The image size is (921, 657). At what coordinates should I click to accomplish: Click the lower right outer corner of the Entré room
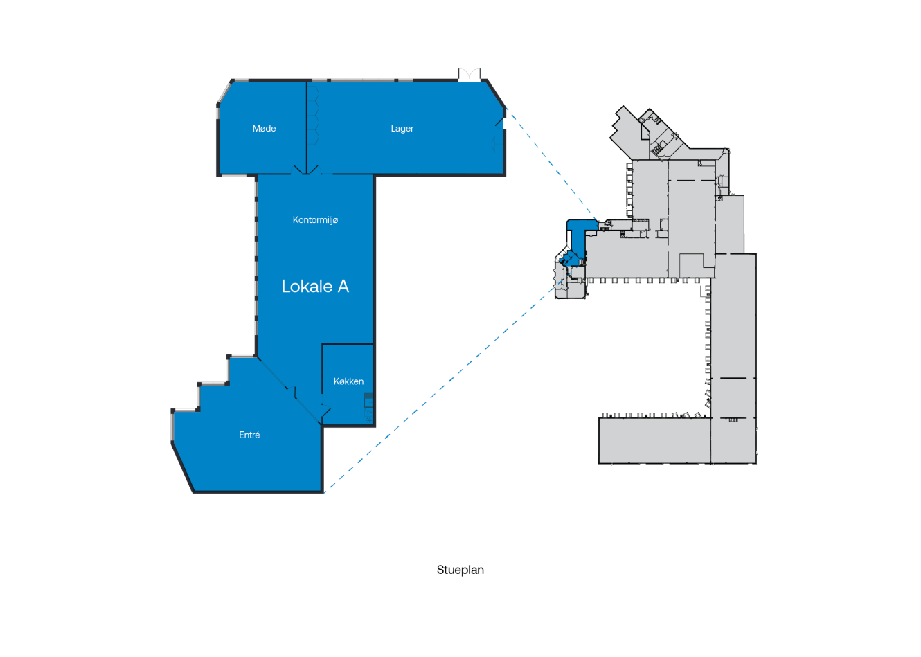coord(323,492)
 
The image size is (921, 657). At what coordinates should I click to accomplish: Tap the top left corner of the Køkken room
coord(323,344)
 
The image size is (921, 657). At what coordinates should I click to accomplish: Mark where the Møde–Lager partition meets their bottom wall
coord(307,174)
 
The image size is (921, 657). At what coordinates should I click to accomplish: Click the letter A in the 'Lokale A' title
coord(343,287)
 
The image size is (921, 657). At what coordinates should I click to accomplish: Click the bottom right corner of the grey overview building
coord(756,464)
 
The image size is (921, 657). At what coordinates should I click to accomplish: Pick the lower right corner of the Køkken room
coord(374,426)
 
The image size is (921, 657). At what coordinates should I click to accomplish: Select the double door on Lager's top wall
coord(470,75)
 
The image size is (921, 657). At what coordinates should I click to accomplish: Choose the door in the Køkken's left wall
coord(325,411)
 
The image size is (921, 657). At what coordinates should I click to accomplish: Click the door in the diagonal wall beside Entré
coord(291,393)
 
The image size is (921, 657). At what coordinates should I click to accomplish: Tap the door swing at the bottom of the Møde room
coord(298,170)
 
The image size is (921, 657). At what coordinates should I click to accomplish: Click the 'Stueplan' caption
coord(460,570)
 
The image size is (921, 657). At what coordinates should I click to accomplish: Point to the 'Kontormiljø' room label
coord(315,220)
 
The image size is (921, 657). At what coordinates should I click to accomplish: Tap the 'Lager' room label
coord(402,129)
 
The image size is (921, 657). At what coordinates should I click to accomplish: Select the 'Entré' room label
coord(249,435)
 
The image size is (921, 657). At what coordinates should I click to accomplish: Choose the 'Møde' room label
coord(264,128)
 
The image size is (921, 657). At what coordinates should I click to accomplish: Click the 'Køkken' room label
coord(349,381)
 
